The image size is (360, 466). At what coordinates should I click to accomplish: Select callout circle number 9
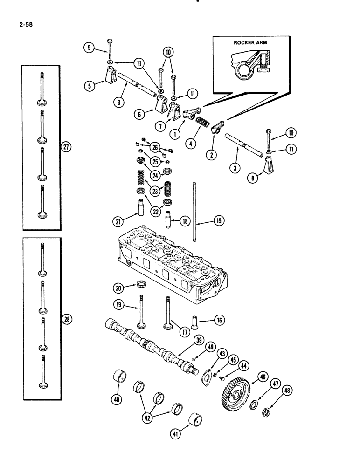pyautogui.click(x=89, y=47)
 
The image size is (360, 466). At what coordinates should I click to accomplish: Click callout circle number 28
pyautogui.click(x=65, y=319)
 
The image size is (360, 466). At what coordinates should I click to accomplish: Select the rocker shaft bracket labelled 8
pyautogui.click(x=271, y=166)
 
